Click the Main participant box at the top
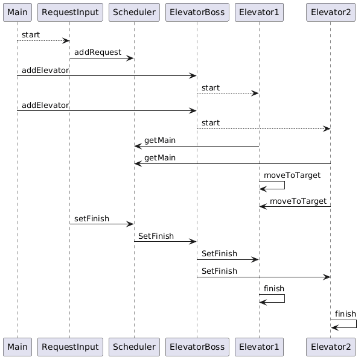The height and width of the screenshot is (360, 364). (x=17, y=13)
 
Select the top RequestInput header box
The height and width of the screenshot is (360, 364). (x=69, y=13)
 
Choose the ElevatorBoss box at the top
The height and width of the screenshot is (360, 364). (x=197, y=13)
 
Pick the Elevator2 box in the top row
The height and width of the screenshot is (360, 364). (x=330, y=13)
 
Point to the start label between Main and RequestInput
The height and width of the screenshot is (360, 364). (x=31, y=35)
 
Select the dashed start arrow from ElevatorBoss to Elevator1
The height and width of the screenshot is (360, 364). (x=228, y=93)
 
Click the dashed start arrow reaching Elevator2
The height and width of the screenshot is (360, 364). (x=263, y=128)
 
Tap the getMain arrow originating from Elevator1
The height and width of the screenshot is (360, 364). (x=197, y=146)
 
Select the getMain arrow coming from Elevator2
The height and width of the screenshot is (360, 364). (x=232, y=163)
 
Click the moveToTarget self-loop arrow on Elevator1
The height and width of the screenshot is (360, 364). (x=272, y=185)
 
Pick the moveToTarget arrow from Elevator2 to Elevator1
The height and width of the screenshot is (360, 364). (x=295, y=206)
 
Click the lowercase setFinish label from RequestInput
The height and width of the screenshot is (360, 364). (x=92, y=219)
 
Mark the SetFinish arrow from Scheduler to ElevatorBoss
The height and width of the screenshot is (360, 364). (x=165, y=242)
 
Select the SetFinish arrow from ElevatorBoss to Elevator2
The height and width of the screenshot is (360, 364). (x=263, y=277)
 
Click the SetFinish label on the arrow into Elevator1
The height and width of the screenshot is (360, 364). (x=219, y=254)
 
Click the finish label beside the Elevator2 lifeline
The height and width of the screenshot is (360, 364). (x=345, y=314)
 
